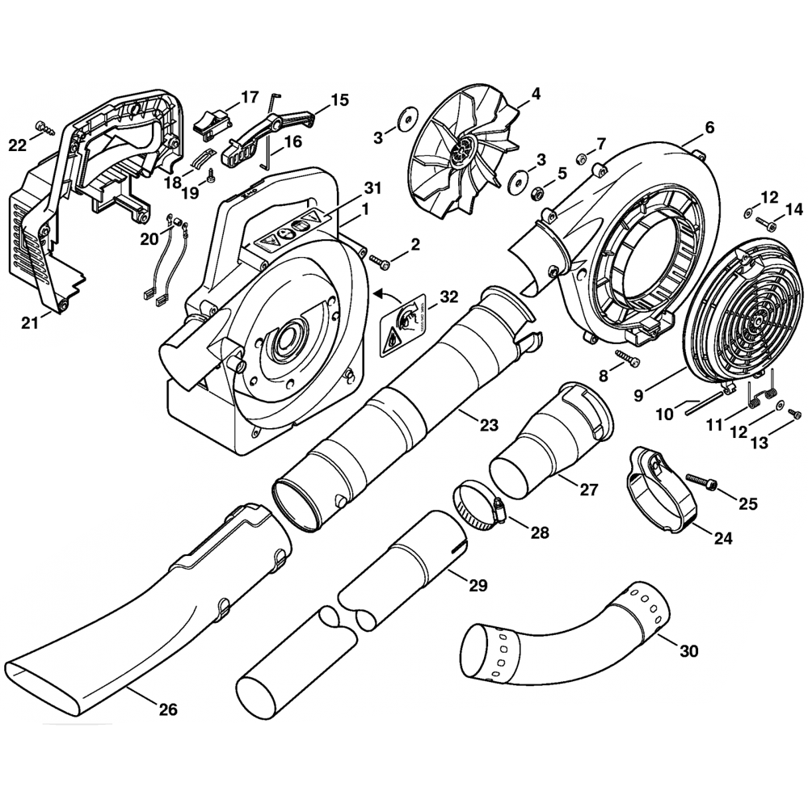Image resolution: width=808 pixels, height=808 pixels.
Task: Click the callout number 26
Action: coord(167,710)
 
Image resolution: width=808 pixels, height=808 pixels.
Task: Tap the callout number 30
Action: coord(689,650)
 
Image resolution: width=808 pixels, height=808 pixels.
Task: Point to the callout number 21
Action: coord(30,323)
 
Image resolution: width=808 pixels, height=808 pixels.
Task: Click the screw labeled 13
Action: coord(793,414)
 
